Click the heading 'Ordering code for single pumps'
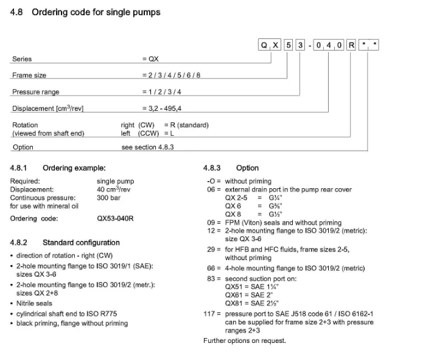pyautogui.click(x=96, y=12)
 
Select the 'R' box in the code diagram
pyautogui.click(x=352, y=44)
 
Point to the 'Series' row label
pyautogui.click(x=22, y=59)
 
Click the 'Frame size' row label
pyautogui.click(x=29, y=76)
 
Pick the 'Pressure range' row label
pyautogui.click(x=35, y=92)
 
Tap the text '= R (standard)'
pyautogui.click(x=186, y=125)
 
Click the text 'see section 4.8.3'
pyautogui.click(x=147, y=147)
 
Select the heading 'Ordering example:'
pyautogui.click(x=74, y=168)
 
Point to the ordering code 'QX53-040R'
pyautogui.click(x=115, y=218)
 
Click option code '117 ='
pyautogui.click(x=212, y=314)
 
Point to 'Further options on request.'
pyautogui.click(x=244, y=341)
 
